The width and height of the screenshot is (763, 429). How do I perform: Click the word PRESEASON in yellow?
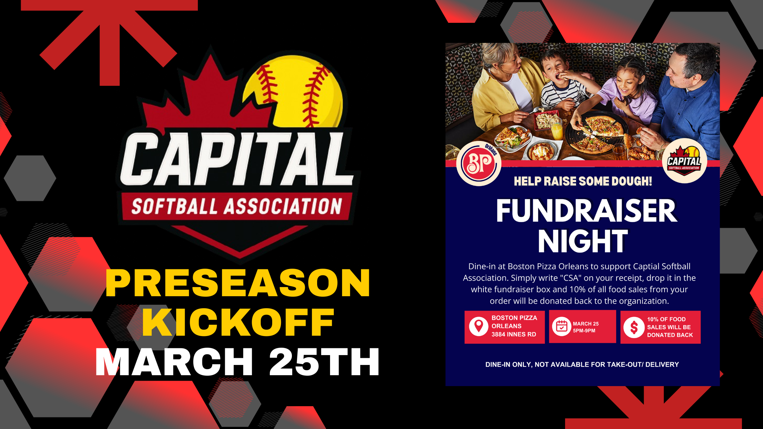coord(238,283)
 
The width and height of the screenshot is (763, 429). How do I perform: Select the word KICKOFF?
coord(238,322)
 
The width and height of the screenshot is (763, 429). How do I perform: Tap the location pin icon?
coord(479,327)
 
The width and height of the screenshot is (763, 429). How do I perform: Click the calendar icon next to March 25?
coord(561,327)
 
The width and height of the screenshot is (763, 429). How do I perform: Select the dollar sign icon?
coord(634,328)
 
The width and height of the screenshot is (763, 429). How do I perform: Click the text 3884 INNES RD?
coord(514,334)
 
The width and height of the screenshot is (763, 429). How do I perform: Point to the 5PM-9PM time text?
coord(584,331)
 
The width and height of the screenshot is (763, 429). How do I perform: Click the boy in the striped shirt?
coord(559,82)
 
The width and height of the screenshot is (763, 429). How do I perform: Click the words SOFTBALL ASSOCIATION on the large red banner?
coord(237,206)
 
